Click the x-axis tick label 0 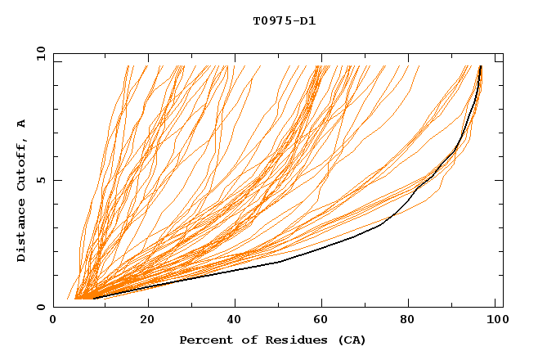[53, 321]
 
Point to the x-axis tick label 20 [148, 321]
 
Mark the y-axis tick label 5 [43, 180]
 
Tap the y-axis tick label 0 [43, 307]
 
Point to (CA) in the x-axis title [352, 340]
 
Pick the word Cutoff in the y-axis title [21, 164]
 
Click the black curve [280, 263]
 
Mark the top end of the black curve [481, 66]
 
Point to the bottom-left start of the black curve [93, 298]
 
